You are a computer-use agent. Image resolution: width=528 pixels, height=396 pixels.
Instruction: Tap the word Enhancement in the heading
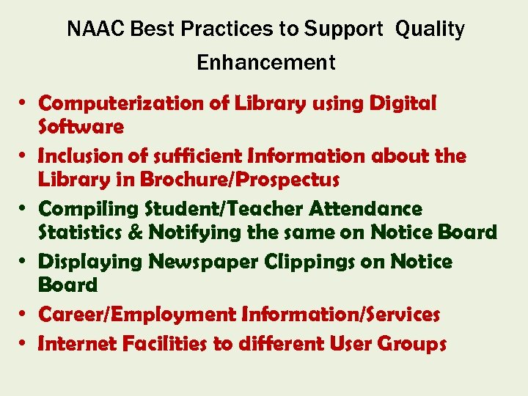click(265, 63)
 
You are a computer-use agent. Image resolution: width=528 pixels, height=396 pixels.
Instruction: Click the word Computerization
click(123, 104)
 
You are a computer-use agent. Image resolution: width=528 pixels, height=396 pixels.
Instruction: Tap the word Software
click(81, 127)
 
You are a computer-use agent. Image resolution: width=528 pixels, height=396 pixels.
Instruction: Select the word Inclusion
click(82, 156)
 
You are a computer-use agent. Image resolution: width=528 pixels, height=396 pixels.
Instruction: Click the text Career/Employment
click(138, 315)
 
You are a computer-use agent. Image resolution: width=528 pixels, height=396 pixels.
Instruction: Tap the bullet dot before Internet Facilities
click(24, 343)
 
